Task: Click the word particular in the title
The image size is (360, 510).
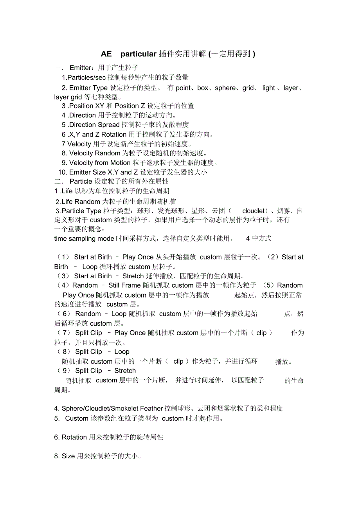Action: pyautogui.click(x=139, y=54)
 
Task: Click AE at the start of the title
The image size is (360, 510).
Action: pyautogui.click(x=106, y=54)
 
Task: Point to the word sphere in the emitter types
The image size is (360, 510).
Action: pyautogui.click(x=225, y=88)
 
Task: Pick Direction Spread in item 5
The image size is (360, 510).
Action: pyautogui.click(x=94, y=125)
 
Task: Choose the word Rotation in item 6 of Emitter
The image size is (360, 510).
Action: pyautogui.click(x=114, y=135)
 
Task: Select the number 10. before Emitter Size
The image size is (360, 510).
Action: pyautogui.click(x=63, y=172)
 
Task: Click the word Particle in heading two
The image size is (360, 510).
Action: pyautogui.click(x=81, y=182)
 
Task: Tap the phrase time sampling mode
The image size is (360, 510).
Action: pyautogui.click(x=79, y=239)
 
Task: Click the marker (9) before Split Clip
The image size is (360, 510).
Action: pyautogui.click(x=63, y=371)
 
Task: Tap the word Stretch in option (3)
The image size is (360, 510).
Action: pyautogui.click(x=133, y=276)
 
